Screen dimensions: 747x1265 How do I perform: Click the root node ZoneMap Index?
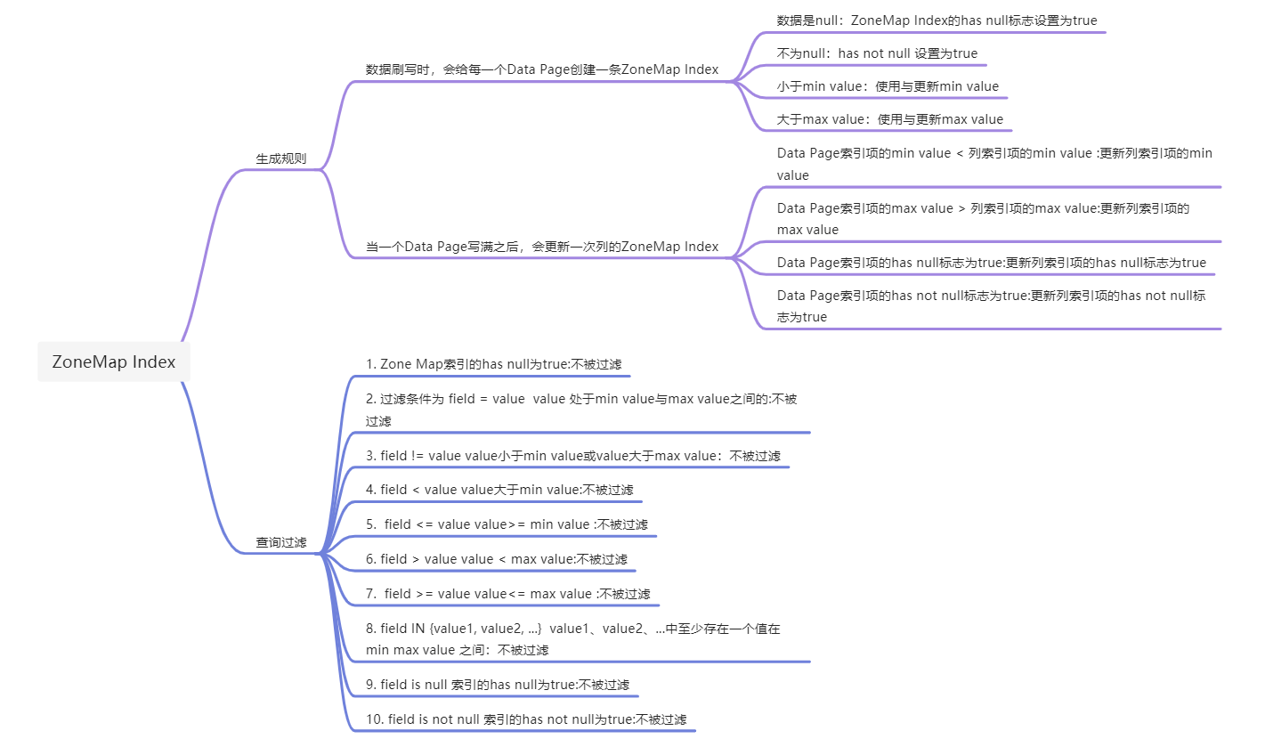click(x=114, y=362)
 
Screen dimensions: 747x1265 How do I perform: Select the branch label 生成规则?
click(x=281, y=158)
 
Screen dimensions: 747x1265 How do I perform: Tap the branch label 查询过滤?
click(x=281, y=542)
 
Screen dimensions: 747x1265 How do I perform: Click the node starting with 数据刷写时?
click(x=542, y=69)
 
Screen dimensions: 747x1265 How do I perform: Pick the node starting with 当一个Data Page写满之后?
click(x=542, y=247)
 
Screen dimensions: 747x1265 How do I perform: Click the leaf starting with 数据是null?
click(x=930, y=20)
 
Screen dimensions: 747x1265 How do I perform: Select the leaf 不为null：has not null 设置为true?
click(x=877, y=53)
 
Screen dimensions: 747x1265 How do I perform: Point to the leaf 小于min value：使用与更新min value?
click(x=888, y=86)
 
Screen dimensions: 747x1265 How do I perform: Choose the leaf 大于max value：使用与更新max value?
click(x=889, y=119)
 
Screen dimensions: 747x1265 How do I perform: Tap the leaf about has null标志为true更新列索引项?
click(x=991, y=263)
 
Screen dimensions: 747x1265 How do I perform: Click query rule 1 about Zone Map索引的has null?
click(x=494, y=364)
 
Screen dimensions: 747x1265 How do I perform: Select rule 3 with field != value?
click(x=573, y=456)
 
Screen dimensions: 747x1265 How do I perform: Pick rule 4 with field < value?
click(x=499, y=490)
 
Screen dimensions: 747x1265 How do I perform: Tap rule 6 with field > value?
click(x=497, y=559)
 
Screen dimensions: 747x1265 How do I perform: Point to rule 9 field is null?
click(x=498, y=685)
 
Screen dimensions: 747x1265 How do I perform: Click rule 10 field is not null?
click(x=526, y=719)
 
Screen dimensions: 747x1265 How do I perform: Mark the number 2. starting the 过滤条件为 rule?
click(x=371, y=400)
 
